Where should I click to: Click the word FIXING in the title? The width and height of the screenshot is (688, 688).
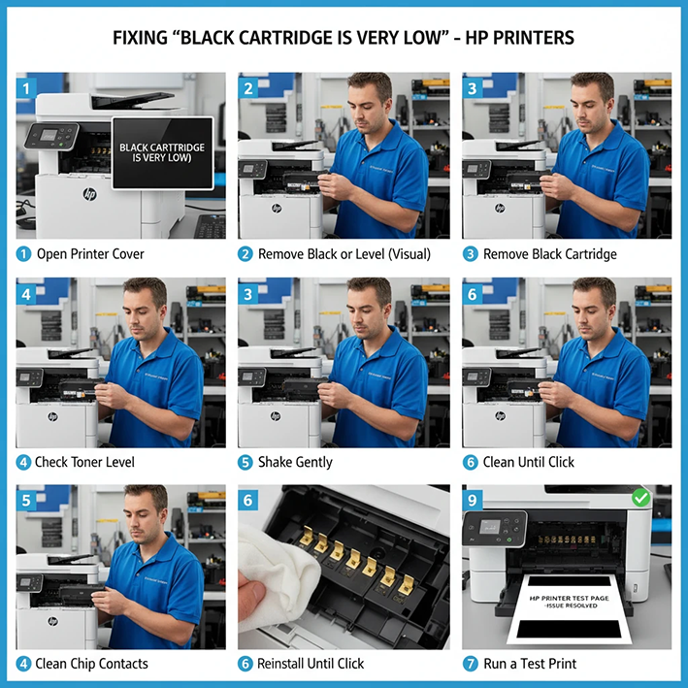142,38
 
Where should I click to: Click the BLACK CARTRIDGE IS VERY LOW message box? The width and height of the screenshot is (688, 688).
162,152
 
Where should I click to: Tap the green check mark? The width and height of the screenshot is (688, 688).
641,498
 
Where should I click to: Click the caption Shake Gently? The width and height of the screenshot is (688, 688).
295,462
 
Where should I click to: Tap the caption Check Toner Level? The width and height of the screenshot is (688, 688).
84,462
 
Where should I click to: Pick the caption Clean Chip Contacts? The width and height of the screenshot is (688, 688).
91,664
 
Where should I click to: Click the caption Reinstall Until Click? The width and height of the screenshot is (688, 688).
311,664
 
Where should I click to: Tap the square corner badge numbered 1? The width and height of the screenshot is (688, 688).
27,87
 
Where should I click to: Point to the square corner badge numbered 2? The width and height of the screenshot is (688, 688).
249,87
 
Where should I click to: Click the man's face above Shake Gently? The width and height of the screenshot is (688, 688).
368,309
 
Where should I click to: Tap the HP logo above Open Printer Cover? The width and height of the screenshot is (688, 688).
89,194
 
